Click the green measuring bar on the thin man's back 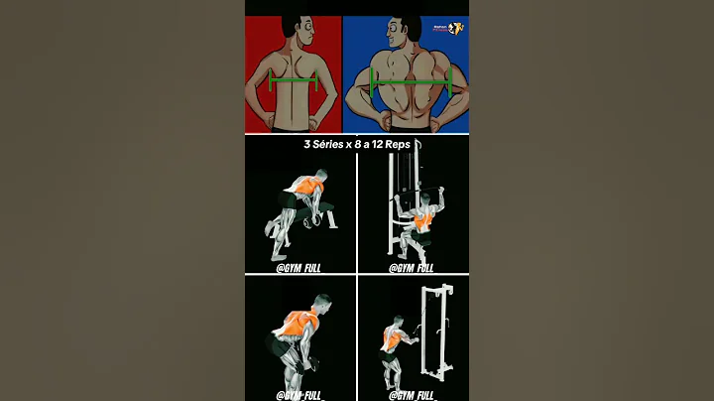(293, 81)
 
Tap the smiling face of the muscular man (405, 32)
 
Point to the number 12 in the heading (379, 144)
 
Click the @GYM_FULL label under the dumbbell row (299, 268)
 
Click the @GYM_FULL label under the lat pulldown (411, 268)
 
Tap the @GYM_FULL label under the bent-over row (299, 395)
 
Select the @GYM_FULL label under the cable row (411, 395)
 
